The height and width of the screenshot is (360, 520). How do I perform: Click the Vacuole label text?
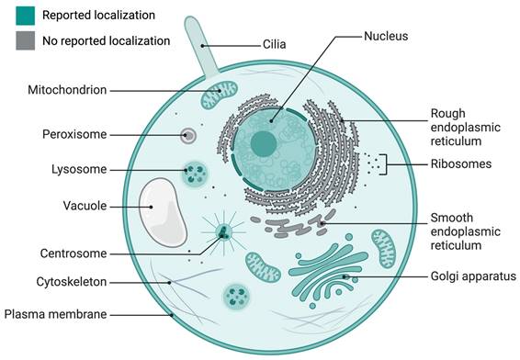pyautogui.click(x=85, y=205)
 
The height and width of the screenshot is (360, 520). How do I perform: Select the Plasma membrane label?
pyautogui.click(x=56, y=314)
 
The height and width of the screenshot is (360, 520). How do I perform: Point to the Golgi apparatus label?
pyautogui.click(x=469, y=276)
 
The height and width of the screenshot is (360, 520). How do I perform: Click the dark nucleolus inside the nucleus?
pyautogui.click(x=264, y=143)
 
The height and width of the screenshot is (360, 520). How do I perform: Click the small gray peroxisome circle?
pyautogui.click(x=187, y=136)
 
